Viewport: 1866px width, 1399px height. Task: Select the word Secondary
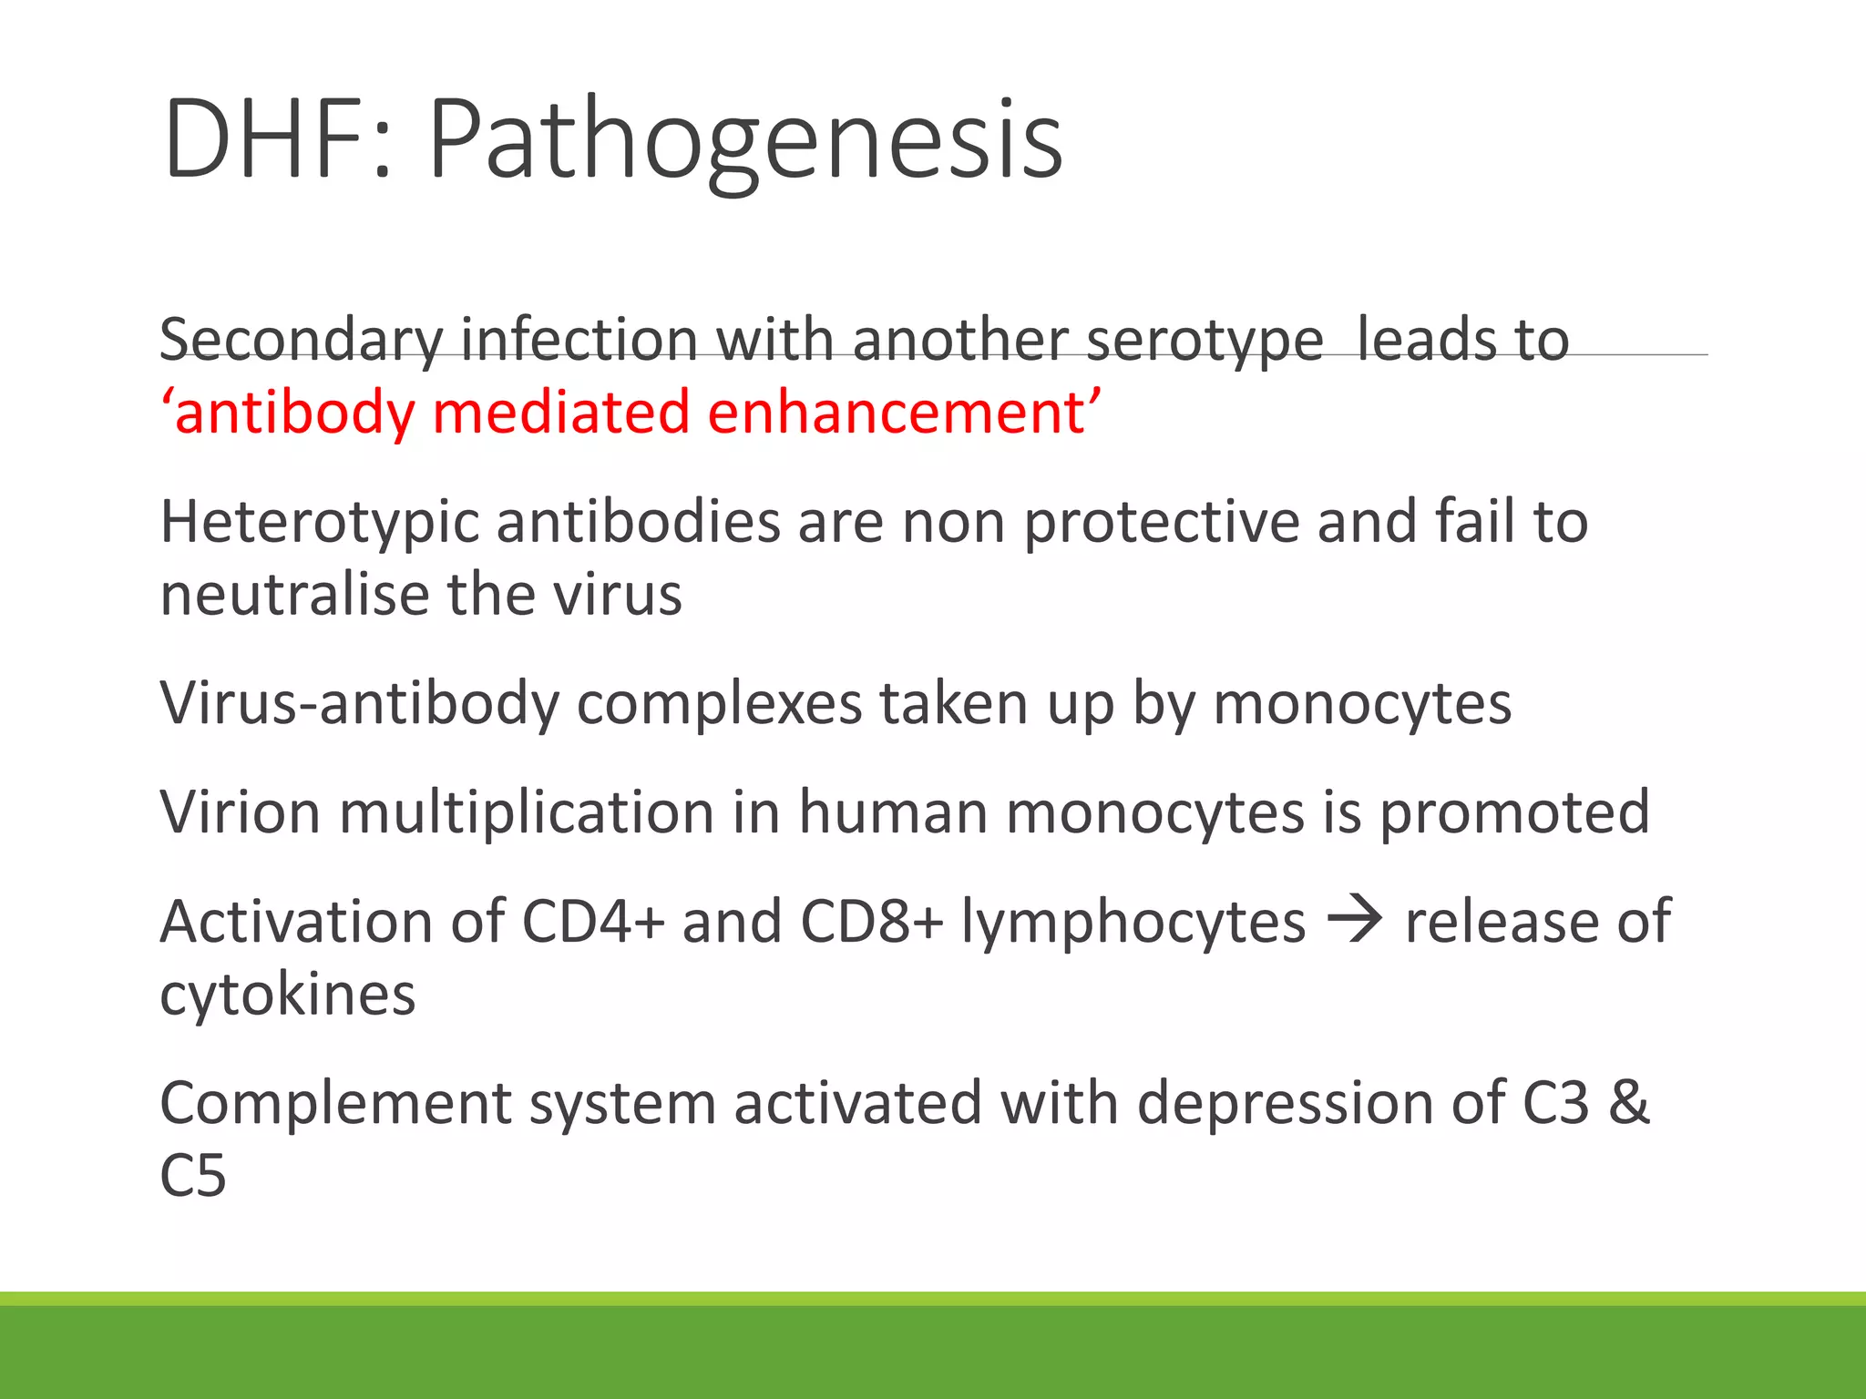tap(302, 341)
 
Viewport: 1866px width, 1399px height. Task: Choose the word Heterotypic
tap(319, 523)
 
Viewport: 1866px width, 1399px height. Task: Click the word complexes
tap(719, 703)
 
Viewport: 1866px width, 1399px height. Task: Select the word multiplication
tap(528, 812)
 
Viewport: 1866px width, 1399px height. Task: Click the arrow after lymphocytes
tap(1356, 921)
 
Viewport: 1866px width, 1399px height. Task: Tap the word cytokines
tap(288, 994)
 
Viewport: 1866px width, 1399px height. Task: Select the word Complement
tap(335, 1103)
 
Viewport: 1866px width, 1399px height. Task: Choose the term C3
tap(1555, 1103)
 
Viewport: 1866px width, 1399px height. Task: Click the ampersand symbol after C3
tap(1629, 1103)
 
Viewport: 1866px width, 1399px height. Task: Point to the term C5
tap(192, 1175)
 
